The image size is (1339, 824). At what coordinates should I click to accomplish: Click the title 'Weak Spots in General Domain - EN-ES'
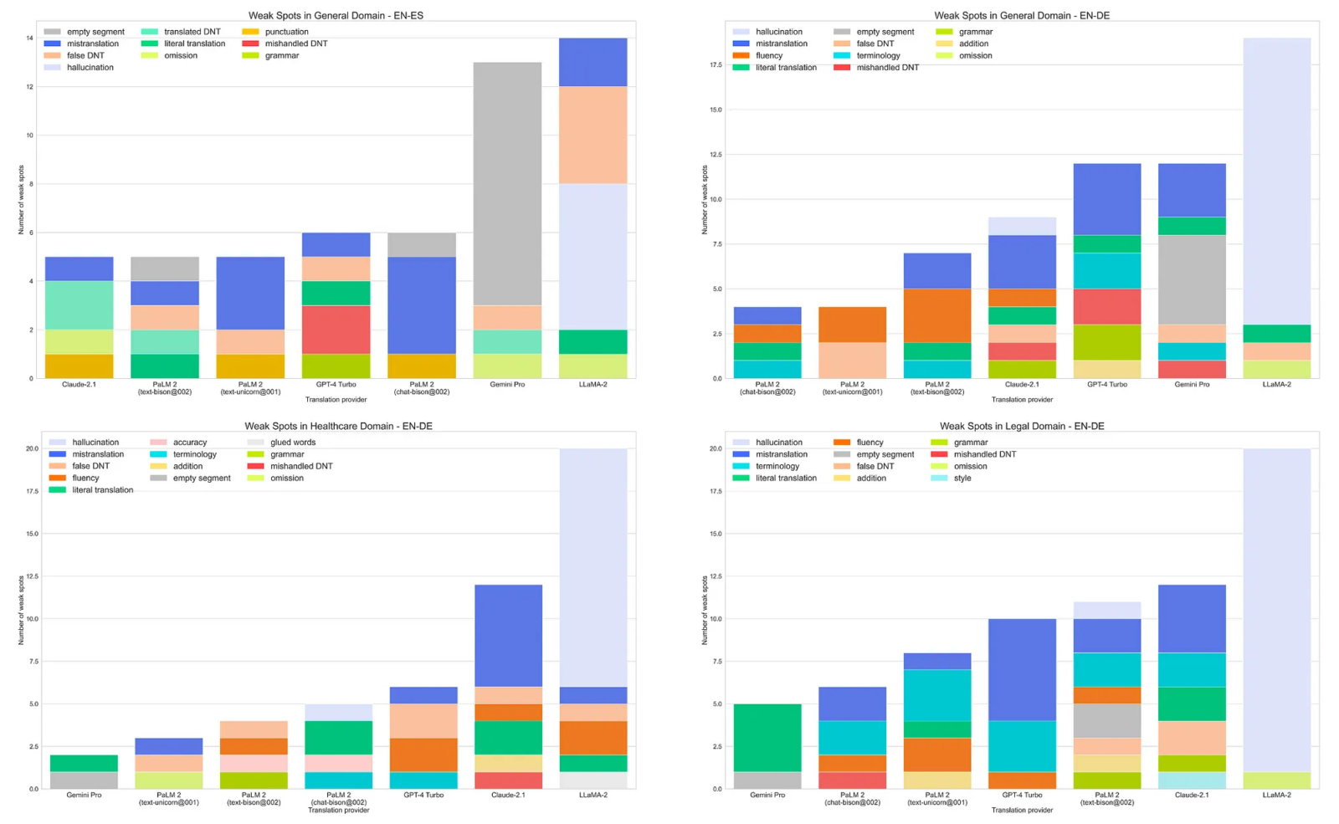point(336,15)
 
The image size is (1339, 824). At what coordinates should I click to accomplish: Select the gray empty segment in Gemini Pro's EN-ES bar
point(507,183)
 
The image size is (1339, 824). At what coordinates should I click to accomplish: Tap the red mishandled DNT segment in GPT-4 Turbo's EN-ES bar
point(336,330)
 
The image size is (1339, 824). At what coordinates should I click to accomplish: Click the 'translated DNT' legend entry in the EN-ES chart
point(192,32)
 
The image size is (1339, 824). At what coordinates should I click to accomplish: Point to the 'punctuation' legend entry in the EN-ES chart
point(286,32)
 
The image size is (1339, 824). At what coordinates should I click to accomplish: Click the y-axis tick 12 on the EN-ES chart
point(30,86)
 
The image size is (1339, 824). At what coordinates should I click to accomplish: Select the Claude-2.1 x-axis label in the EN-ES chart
point(79,385)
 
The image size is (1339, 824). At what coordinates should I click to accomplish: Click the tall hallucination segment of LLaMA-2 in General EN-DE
point(1276,181)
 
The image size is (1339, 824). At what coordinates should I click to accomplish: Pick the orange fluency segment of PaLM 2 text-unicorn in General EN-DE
point(852,325)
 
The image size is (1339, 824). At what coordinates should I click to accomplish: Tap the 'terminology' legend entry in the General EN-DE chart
point(878,55)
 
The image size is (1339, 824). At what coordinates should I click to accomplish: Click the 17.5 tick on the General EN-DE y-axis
point(716,65)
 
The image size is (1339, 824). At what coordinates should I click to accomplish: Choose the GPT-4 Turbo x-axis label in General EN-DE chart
point(1106,385)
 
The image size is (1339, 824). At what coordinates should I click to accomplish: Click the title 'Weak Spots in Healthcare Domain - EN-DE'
point(338,426)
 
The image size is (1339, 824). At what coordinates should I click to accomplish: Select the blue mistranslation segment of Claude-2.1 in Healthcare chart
point(508,636)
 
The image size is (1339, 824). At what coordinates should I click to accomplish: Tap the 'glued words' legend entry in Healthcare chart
point(292,443)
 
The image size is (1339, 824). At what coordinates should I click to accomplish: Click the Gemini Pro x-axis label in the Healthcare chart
point(84,795)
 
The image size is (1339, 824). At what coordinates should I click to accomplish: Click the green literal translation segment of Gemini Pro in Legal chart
point(767,737)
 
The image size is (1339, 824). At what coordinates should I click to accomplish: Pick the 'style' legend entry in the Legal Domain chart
point(962,479)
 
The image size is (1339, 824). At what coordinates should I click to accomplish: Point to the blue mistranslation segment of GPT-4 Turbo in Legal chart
point(1021,669)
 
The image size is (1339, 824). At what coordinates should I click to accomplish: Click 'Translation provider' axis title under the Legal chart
point(1022,810)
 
